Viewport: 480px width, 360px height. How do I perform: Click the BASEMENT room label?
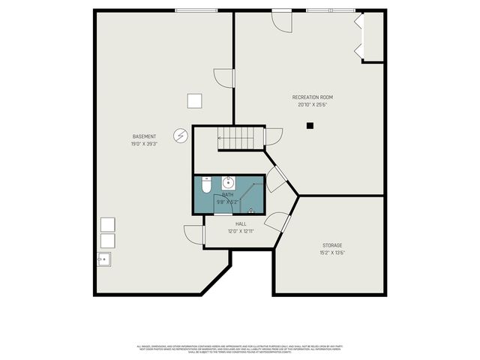tap(145, 136)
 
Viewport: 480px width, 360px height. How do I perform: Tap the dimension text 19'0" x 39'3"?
tap(145, 144)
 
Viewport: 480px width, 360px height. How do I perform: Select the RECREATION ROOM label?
tap(313, 97)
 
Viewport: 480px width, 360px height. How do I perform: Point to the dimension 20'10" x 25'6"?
tap(313, 105)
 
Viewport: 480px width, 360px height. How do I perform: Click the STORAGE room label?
tap(333, 245)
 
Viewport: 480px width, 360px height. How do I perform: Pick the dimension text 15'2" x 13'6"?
tap(333, 253)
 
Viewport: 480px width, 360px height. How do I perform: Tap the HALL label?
tap(241, 223)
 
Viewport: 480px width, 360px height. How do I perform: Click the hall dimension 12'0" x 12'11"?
tap(241, 231)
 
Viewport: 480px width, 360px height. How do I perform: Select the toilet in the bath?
tap(208, 184)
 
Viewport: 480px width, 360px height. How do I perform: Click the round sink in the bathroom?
tap(228, 182)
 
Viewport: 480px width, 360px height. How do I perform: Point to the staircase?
tap(241, 139)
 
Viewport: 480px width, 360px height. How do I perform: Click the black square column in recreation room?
tap(309, 126)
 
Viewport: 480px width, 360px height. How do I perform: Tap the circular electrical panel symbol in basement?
tap(180, 136)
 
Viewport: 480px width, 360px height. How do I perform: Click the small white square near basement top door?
tap(194, 100)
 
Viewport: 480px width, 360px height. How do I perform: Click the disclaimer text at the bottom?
tap(240, 348)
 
